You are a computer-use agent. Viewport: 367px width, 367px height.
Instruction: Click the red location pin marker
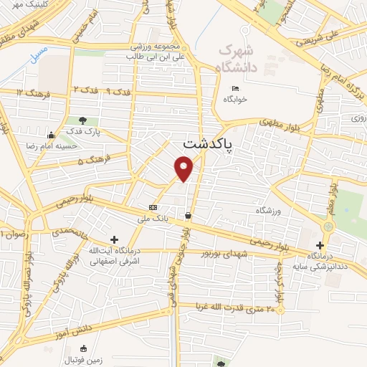(185, 168)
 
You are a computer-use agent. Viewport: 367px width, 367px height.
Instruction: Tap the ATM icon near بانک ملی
(152, 206)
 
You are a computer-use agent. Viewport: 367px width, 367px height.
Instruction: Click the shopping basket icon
(189, 215)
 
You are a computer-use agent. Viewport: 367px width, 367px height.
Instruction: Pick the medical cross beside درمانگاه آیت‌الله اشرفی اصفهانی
(114, 239)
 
